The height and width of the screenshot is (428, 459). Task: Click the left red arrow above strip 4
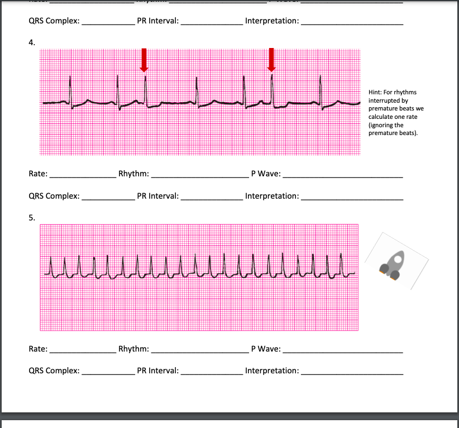pyautogui.click(x=144, y=60)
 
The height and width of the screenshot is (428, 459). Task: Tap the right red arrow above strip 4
pyautogui.click(x=271, y=60)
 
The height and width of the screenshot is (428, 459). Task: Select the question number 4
pyautogui.click(x=31, y=42)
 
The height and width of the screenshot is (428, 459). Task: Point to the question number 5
pyautogui.click(x=31, y=218)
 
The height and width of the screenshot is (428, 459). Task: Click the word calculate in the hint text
pyautogui.click(x=381, y=117)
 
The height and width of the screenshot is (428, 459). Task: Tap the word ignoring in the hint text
pyautogui.click(x=382, y=126)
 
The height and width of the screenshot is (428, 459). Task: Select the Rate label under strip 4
pyautogui.click(x=37, y=174)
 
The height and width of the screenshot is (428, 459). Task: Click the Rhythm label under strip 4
pyautogui.click(x=133, y=174)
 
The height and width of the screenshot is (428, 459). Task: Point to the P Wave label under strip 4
pyautogui.click(x=265, y=174)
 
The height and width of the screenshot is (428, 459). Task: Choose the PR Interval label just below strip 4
pyautogui.click(x=157, y=196)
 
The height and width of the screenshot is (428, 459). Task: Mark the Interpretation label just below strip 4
pyautogui.click(x=271, y=196)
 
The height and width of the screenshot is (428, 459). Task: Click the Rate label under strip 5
pyautogui.click(x=37, y=349)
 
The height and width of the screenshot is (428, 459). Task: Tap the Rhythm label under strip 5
pyautogui.click(x=133, y=349)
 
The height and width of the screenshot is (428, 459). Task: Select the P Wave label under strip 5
pyautogui.click(x=265, y=349)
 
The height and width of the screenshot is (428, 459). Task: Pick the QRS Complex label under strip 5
pyautogui.click(x=54, y=371)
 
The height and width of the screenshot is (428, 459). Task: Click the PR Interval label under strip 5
pyautogui.click(x=157, y=371)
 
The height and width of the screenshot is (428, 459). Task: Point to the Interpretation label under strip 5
pyautogui.click(x=271, y=371)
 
